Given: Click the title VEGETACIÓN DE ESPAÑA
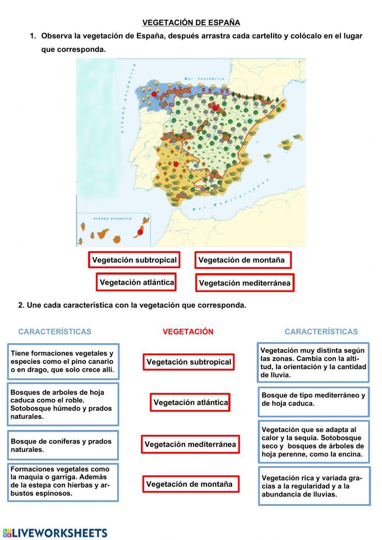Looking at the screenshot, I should pyautogui.click(x=191, y=23).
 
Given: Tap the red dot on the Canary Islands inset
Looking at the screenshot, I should pyautogui.click(x=140, y=232).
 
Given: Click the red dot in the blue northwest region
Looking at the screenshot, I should pyautogui.click(x=154, y=94).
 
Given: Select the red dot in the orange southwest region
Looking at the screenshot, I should pyautogui.click(x=176, y=164).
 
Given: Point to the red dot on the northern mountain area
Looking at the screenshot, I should pyautogui.click(x=215, y=108).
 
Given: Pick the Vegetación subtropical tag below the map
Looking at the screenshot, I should pyautogui.click(x=134, y=260).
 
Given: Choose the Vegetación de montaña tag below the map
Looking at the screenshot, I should pyautogui.click(x=243, y=260).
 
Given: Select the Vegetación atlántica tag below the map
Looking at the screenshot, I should pyautogui.click(x=136, y=282).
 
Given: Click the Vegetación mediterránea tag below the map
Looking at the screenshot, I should pyautogui.click(x=244, y=283).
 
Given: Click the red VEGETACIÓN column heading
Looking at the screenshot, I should pyautogui.click(x=188, y=332).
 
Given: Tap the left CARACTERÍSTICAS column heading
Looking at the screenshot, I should pyautogui.click(x=55, y=332).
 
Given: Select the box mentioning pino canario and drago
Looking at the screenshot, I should pyautogui.click(x=63, y=362).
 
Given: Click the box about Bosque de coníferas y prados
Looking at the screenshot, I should pyautogui.click(x=63, y=445).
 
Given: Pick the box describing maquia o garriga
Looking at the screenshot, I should pyautogui.click(x=63, y=482).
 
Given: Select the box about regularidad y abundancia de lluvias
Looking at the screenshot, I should pyautogui.click(x=314, y=486).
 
